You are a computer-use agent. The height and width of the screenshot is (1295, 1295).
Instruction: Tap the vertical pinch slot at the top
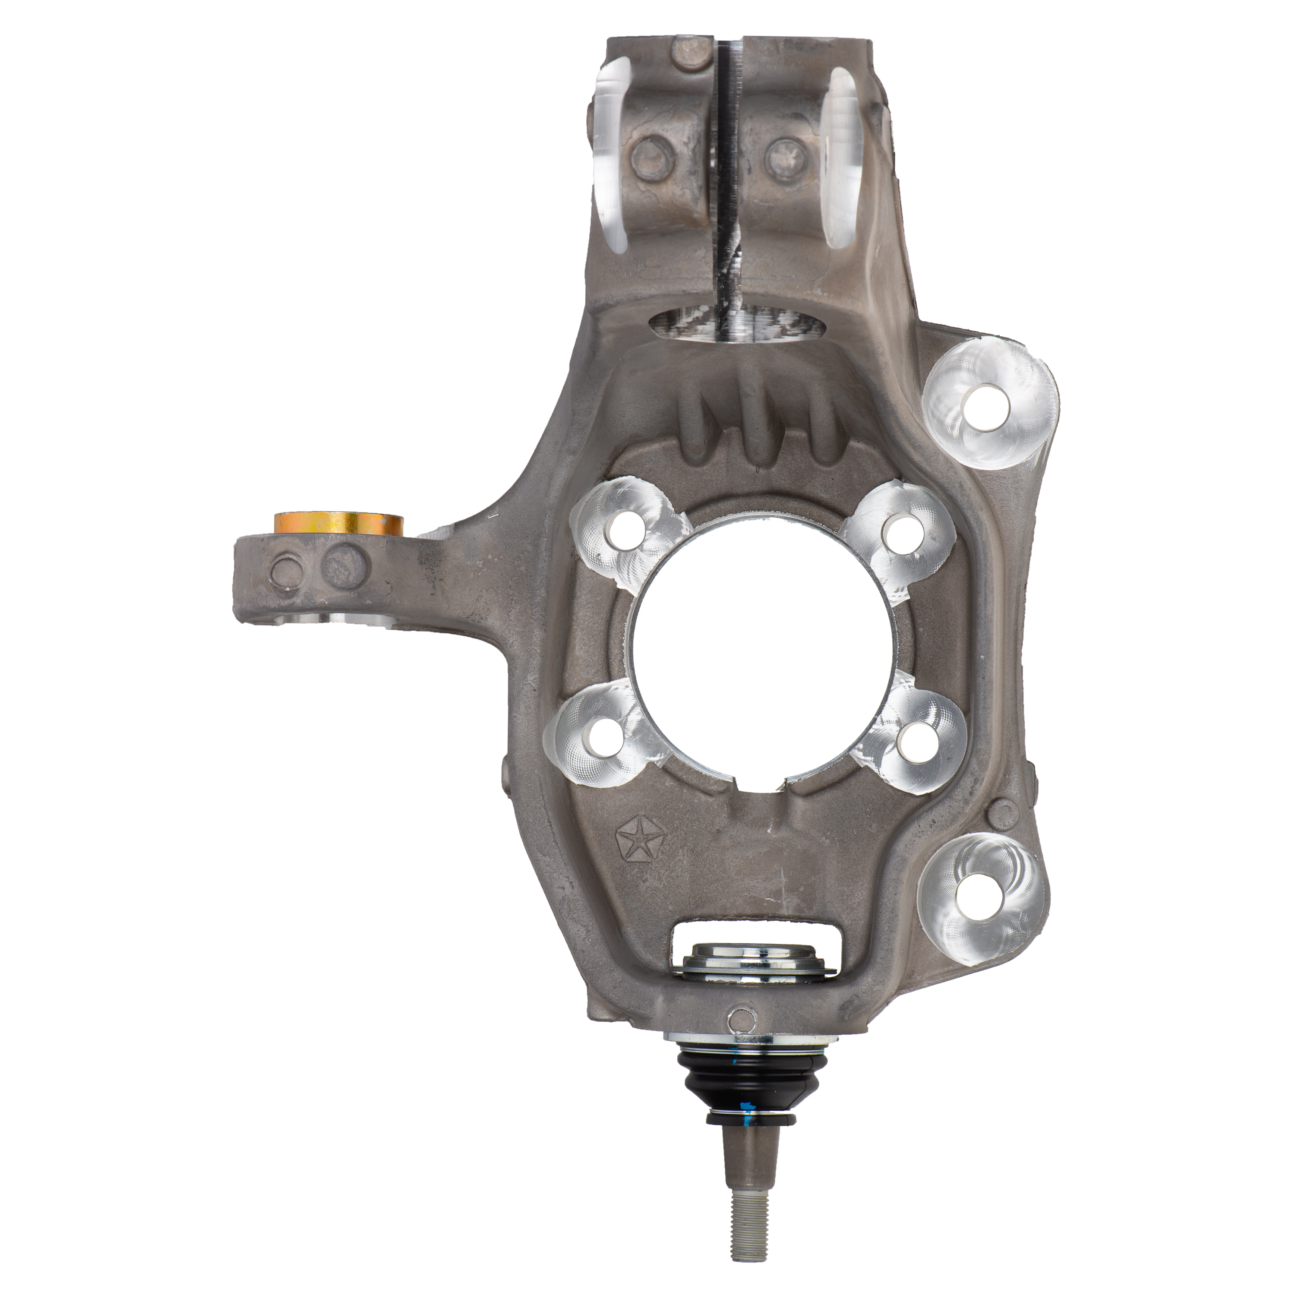tap(727, 167)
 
